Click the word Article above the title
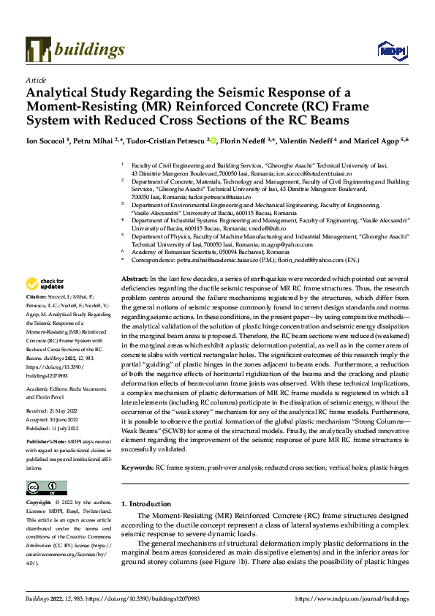pos(36,80)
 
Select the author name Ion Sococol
pos(45,141)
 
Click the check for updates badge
pos(45,284)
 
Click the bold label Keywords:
pos(137,467)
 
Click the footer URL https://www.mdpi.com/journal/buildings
pos(352,598)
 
